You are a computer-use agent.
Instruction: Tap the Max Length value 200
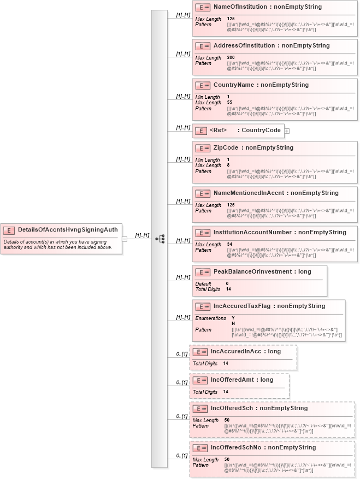[231, 58]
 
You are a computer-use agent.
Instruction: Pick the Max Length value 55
[229, 103]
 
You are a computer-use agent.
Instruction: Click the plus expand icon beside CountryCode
[287, 131]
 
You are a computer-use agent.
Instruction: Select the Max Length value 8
[228, 165]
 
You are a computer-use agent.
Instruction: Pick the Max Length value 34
[230, 245]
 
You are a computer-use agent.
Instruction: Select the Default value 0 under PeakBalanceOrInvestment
[227, 283]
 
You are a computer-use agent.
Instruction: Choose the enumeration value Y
[233, 318]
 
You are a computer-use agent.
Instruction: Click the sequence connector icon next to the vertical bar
[160, 239]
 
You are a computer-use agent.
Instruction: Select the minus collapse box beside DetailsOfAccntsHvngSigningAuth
[125, 239]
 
